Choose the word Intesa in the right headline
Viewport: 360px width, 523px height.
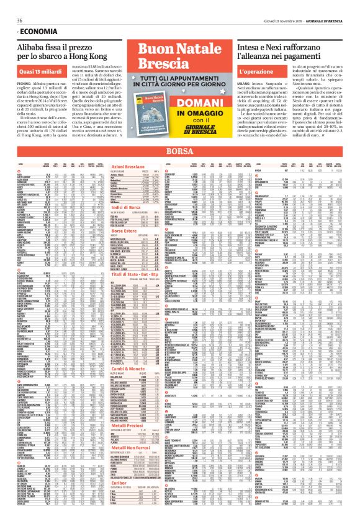coord(256,47)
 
